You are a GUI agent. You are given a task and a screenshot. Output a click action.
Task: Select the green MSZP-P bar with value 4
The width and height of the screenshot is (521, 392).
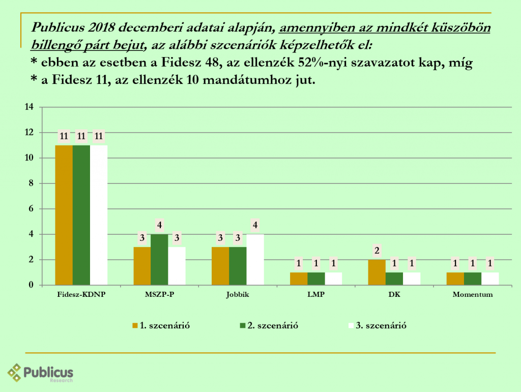[159, 260]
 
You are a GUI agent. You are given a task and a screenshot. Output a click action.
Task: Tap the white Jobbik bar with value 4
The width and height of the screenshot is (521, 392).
[255, 260]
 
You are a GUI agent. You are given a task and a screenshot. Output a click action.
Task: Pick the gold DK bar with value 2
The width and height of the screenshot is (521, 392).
[377, 272]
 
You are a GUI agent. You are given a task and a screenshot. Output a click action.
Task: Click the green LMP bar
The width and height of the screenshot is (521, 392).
[316, 278]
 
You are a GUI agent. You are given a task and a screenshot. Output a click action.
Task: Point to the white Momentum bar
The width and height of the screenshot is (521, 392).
[490, 278]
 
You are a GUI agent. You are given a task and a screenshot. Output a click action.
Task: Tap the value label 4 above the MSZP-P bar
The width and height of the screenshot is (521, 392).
[159, 225]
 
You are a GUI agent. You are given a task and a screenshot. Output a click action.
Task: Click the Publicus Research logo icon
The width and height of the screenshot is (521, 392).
[15, 372]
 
